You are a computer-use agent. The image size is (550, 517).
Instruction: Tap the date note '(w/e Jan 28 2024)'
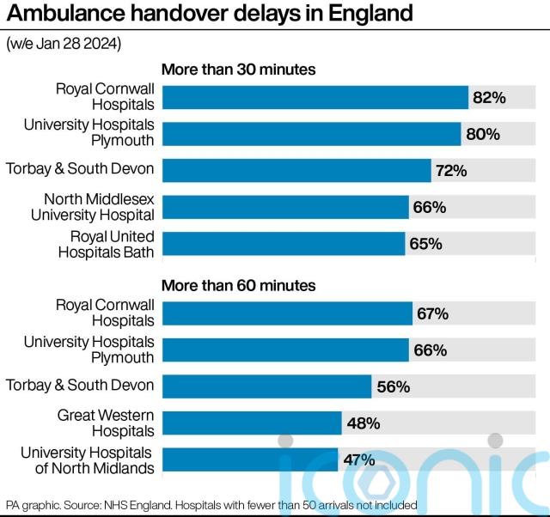[x=64, y=44]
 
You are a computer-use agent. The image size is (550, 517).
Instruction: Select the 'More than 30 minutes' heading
[x=239, y=69]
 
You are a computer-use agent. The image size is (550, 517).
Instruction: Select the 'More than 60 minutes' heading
[x=239, y=284]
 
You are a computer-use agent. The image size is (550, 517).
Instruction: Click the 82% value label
[x=489, y=98]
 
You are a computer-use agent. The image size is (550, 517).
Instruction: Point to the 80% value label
[x=483, y=135]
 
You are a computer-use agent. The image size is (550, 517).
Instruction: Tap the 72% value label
[x=451, y=171]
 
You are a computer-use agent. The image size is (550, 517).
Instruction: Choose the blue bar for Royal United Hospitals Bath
[x=284, y=244]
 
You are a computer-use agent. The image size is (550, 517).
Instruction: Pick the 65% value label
[x=425, y=244]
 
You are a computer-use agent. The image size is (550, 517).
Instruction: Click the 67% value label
[x=432, y=314]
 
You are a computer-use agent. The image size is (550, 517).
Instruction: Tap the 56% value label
[x=393, y=387]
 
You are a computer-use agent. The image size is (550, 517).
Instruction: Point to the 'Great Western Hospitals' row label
[x=106, y=423]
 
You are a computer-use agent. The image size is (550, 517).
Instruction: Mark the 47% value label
[x=358, y=460]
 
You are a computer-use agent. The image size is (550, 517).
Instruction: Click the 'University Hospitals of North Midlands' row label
[x=87, y=460]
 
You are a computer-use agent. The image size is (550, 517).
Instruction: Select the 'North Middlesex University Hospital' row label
[x=92, y=208]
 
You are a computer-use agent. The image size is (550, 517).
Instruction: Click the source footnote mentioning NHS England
[x=211, y=505]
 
